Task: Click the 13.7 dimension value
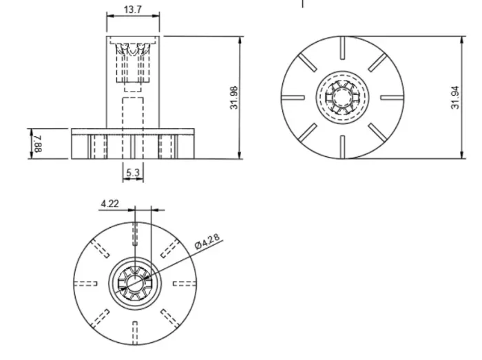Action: (133, 10)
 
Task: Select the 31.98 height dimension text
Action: (234, 98)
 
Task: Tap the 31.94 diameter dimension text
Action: (455, 98)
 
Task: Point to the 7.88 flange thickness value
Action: (38, 144)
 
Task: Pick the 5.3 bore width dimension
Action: (133, 173)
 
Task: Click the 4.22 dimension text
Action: (109, 204)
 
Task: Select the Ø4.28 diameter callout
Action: (207, 241)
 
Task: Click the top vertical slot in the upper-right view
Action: (342, 48)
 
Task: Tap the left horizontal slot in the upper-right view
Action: (293, 98)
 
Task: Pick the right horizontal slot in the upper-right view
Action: (392, 98)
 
